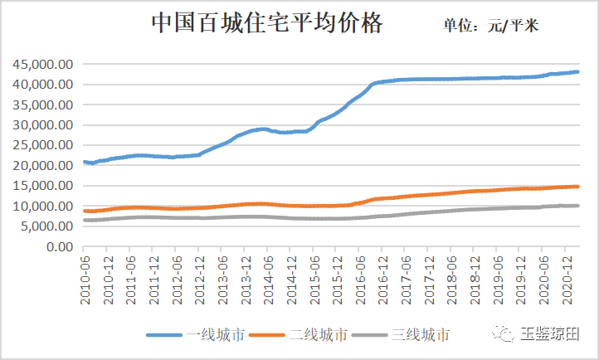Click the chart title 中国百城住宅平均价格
266,23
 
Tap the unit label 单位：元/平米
490,26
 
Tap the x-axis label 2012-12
200,280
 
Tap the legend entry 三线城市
421,335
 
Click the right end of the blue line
577,72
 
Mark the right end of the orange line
577,187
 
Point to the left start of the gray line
85,220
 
